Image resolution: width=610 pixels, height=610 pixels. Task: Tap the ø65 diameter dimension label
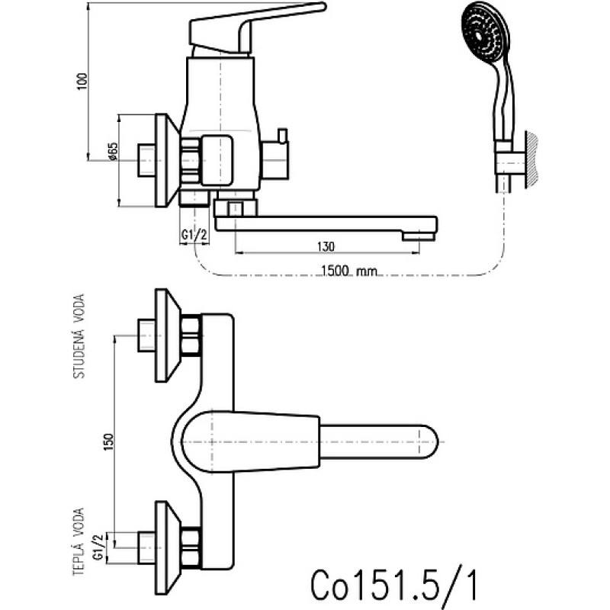coord(112,151)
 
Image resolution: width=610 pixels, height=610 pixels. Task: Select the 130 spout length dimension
coord(326,246)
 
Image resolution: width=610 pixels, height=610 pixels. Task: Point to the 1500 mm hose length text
coord(349,271)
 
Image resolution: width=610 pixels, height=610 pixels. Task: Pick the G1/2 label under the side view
coord(194,235)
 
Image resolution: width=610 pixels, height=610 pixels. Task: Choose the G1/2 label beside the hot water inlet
coord(99,547)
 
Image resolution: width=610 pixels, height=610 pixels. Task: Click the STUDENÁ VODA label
coord(79,336)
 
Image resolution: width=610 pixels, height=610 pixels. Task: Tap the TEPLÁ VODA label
coord(79,541)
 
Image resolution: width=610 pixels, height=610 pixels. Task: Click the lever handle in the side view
coord(257,29)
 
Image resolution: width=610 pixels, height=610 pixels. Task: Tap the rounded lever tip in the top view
coord(429,442)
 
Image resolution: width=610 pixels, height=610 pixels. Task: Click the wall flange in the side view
coord(166,160)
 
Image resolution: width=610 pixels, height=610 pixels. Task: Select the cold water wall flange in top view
coord(166,335)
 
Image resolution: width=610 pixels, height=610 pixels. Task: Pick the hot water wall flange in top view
coord(166,547)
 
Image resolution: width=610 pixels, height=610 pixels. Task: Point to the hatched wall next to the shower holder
coord(532,160)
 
